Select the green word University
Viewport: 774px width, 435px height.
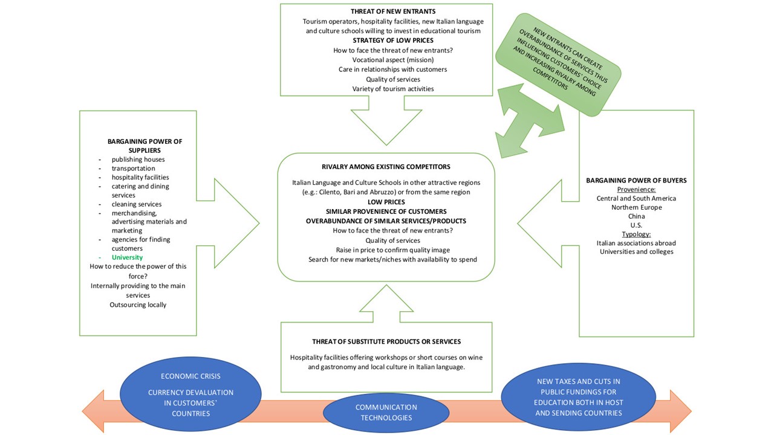pyautogui.click(x=127, y=257)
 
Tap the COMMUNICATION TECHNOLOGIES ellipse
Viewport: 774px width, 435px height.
pyautogui.click(x=386, y=413)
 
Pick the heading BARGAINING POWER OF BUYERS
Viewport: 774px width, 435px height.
pyautogui.click(x=636, y=181)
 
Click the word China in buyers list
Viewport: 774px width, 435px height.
pyautogui.click(x=636, y=216)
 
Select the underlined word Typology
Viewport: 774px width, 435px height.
pyautogui.click(x=636, y=234)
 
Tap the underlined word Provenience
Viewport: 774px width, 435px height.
pyautogui.click(x=636, y=189)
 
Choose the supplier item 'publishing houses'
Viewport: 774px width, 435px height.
pyautogui.click(x=138, y=159)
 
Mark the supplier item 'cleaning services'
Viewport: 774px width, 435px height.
pyautogui.click(x=137, y=204)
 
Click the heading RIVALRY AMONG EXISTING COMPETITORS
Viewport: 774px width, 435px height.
pyautogui.click(x=386, y=167)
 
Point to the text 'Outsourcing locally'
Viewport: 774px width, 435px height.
pyautogui.click(x=138, y=304)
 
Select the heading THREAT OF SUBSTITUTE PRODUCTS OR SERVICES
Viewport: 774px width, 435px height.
pyautogui.click(x=386, y=342)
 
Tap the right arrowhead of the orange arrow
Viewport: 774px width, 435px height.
pyautogui.click(x=681, y=411)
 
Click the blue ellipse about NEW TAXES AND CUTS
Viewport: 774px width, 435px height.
pyautogui.click(x=579, y=397)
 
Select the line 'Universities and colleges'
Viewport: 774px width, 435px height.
pyautogui.click(x=636, y=252)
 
